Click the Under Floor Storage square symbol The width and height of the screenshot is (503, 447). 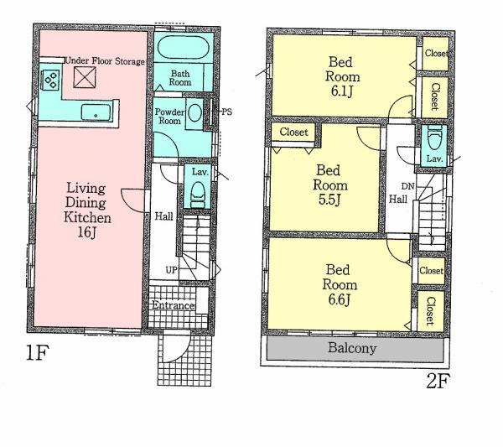(85, 77)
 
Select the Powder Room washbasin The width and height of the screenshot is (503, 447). (194, 112)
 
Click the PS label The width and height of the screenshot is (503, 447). (226, 112)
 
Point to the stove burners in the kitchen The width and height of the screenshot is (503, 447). (49, 81)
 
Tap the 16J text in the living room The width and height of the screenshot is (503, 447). (88, 231)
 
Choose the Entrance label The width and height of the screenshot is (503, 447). (173, 306)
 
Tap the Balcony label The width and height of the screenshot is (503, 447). (351, 348)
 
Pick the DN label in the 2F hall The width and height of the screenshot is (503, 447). (407, 186)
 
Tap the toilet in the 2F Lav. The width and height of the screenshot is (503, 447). (435, 138)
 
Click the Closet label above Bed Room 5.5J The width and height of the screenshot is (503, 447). (293, 133)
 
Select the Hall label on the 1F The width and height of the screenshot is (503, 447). (164, 216)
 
